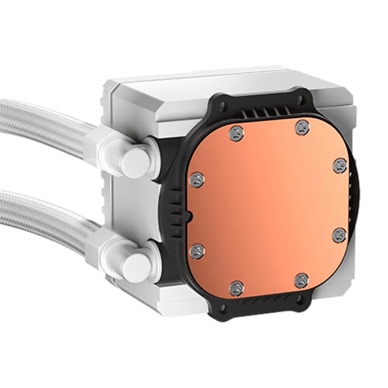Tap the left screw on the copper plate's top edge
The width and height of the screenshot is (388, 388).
point(236,133)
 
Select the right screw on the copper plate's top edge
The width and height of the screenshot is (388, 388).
point(302,127)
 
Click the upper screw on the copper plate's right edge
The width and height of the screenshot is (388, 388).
point(340,165)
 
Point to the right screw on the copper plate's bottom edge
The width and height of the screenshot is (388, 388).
point(301,280)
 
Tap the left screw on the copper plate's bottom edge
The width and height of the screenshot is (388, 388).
point(236,288)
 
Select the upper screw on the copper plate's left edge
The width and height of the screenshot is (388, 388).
point(196,180)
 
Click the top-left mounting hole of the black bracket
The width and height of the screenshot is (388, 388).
point(222,104)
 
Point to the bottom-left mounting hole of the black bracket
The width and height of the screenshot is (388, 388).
point(222,308)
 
